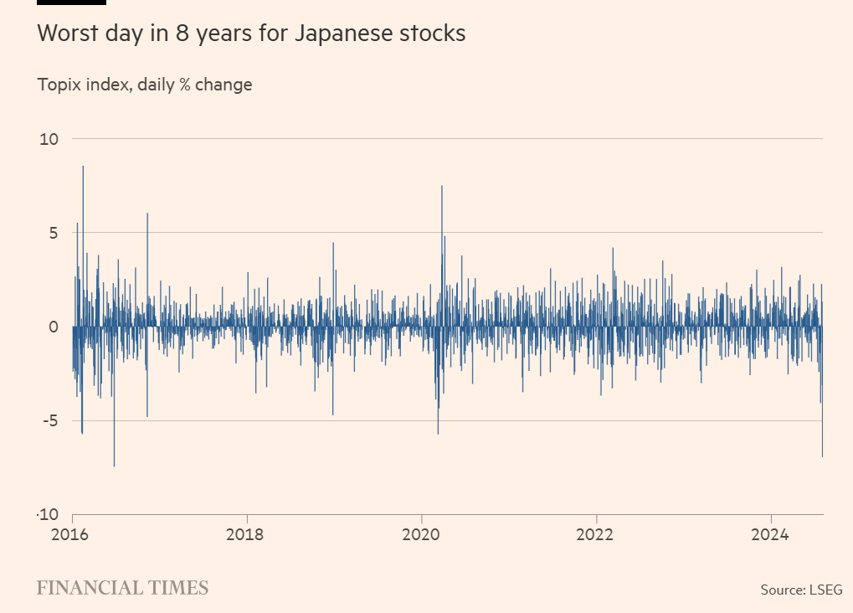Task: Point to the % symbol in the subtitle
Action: point(184,85)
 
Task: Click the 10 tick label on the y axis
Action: point(49,139)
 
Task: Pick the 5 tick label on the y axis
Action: point(54,233)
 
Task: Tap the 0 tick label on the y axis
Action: point(54,327)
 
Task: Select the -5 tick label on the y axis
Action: point(50,420)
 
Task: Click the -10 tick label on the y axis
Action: point(47,514)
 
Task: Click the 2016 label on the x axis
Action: point(73,533)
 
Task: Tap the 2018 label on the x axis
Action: point(247,533)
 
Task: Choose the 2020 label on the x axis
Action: point(422,533)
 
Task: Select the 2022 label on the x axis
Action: point(596,533)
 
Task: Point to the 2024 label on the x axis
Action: point(770,533)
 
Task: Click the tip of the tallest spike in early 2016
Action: point(83,167)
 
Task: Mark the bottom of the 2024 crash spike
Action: point(822,456)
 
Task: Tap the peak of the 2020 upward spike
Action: point(442,186)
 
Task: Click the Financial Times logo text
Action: point(122,588)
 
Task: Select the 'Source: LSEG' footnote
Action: point(801,590)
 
